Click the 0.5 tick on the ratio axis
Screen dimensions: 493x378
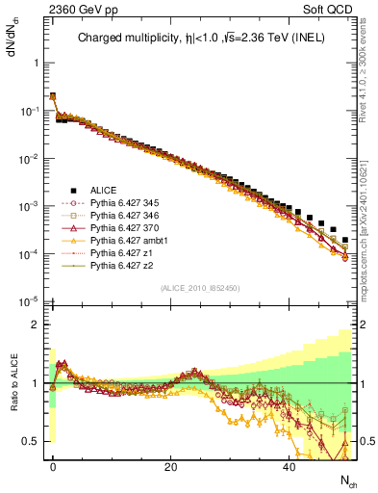[x=31, y=441]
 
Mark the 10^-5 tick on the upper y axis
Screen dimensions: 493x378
[x=26, y=301]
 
